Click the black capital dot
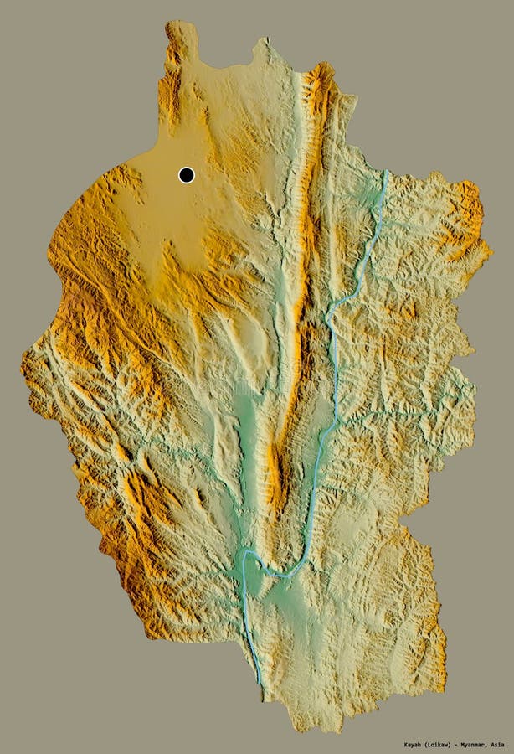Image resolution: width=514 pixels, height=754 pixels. click(186, 174)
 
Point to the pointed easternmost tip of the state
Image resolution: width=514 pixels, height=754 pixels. click(491, 247)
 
